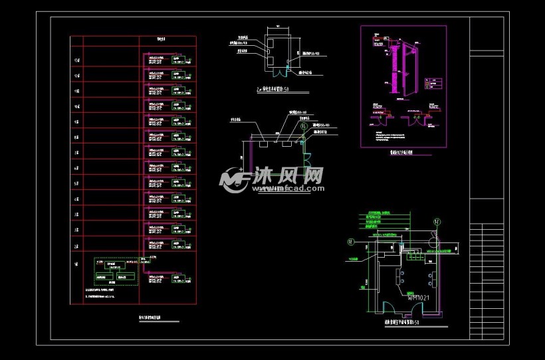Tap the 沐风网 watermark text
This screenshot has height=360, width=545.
pos(287,176)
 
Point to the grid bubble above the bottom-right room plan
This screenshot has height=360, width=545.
pos(436,221)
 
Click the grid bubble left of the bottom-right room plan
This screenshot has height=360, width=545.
pos(350,242)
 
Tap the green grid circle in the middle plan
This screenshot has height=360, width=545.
pos(303,125)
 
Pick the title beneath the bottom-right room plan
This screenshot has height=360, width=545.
pos(401,322)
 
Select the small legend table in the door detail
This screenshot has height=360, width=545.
pos(435,82)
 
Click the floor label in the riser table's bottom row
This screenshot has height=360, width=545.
pos(76,268)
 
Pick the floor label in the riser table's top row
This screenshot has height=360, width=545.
pos(76,59)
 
